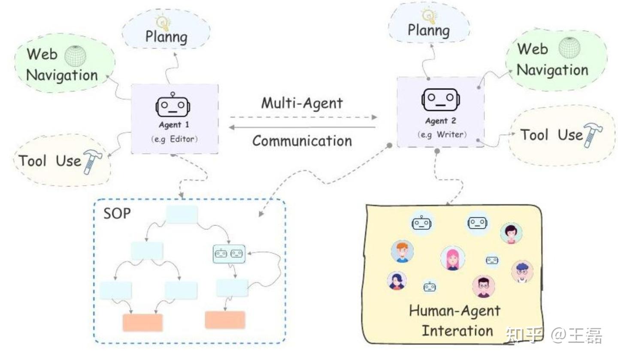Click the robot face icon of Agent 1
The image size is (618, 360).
[173, 106]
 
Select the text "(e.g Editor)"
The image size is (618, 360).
[174, 139]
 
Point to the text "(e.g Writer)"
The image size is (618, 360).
[441, 135]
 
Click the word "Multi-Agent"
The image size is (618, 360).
[302, 103]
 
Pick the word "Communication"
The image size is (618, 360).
[302, 141]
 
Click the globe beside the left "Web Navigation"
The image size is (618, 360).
[76, 56]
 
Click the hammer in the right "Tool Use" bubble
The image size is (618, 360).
[593, 135]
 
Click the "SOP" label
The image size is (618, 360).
[117, 213]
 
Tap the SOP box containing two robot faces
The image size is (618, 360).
[229, 254]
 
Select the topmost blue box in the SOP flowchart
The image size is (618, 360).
[182, 215]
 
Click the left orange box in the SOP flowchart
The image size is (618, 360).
[142, 323]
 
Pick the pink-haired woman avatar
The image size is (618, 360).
[452, 258]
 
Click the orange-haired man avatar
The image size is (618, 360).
[402, 251]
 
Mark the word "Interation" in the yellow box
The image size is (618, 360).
[457, 330]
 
